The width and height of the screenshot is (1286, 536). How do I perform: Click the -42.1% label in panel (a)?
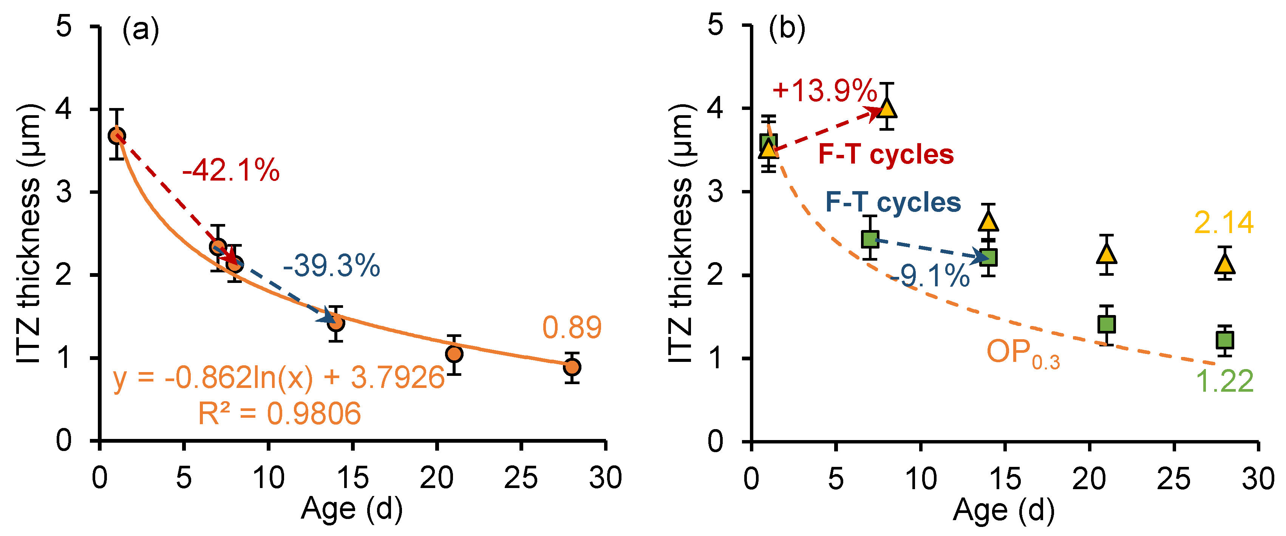point(230,171)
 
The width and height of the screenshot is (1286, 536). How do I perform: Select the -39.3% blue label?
point(331,266)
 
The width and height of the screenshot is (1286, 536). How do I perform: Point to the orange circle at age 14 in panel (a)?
point(336,323)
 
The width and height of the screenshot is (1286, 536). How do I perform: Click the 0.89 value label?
point(572,328)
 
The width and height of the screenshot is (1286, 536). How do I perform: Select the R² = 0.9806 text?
point(280,413)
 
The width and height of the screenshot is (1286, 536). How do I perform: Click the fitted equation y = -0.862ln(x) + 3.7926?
point(278,377)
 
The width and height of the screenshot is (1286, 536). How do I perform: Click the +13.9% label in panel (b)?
point(825,91)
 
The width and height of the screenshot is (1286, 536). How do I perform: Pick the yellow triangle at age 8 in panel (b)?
point(887,108)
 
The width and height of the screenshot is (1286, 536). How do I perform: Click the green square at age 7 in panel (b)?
point(870,239)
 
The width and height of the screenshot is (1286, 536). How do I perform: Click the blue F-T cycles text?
point(893,202)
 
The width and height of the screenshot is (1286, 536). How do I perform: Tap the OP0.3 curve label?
point(1022,353)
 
